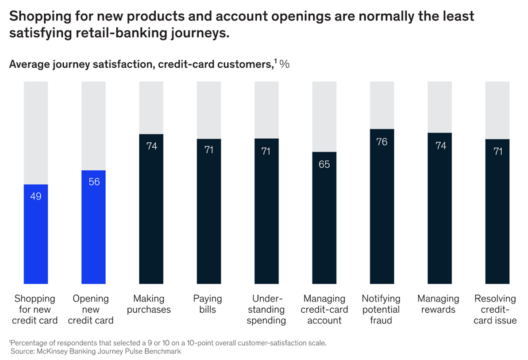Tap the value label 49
tap(36, 196)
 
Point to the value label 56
tap(93, 181)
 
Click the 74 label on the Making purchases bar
tap(151, 146)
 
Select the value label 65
tap(324, 164)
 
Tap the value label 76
tap(382, 142)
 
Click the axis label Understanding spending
tap(266, 309)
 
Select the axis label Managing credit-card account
tap(324, 309)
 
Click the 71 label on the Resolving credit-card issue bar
tap(497, 151)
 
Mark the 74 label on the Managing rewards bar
tap(440, 146)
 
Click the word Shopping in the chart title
tap(37, 16)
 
